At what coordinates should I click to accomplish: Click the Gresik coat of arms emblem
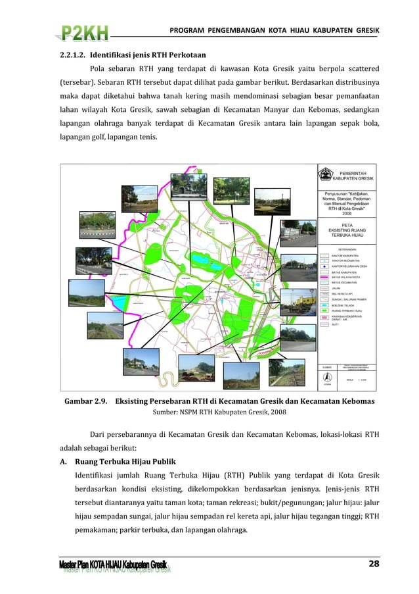pyautogui.click(x=325, y=175)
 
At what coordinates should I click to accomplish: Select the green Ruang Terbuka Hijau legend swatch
pyautogui.click(x=324, y=310)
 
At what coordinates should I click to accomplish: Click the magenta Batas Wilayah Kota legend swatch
pyautogui.click(x=324, y=278)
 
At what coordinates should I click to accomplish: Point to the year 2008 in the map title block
pyautogui.click(x=347, y=213)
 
